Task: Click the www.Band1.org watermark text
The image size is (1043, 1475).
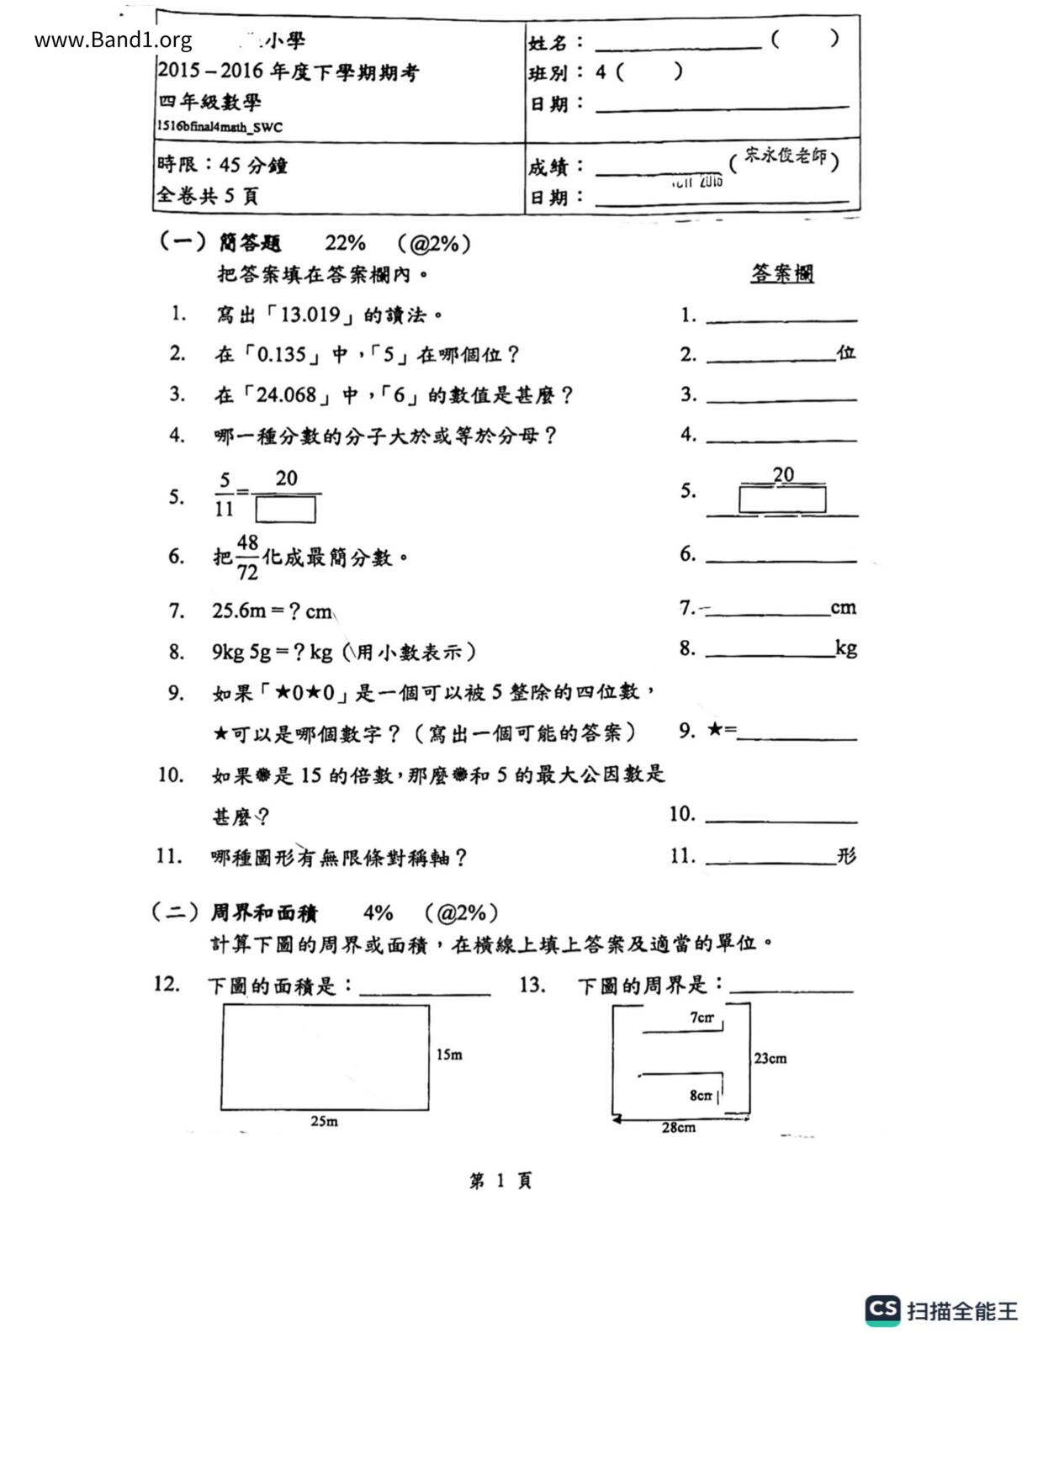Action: pyautogui.click(x=113, y=40)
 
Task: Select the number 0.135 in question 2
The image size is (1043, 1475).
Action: pyautogui.click(x=282, y=355)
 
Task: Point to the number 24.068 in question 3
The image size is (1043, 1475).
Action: pyautogui.click(x=287, y=395)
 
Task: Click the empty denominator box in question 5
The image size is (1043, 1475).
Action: pyautogui.click(x=286, y=510)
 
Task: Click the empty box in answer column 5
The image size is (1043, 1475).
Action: pyautogui.click(x=782, y=500)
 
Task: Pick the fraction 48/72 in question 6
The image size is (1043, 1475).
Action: pyautogui.click(x=247, y=558)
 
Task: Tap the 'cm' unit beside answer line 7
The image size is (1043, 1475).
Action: pyautogui.click(x=843, y=608)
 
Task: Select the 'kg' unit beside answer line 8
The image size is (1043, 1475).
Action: pyautogui.click(x=845, y=648)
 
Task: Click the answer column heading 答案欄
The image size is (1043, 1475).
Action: pyautogui.click(x=782, y=273)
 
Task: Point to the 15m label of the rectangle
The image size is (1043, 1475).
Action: pyautogui.click(x=449, y=1055)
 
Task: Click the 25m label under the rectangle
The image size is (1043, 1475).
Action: pyautogui.click(x=324, y=1121)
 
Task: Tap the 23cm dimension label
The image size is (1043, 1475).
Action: pyautogui.click(x=770, y=1059)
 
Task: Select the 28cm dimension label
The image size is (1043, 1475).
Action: pyautogui.click(x=678, y=1128)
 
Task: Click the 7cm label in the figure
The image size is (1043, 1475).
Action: pyautogui.click(x=702, y=1018)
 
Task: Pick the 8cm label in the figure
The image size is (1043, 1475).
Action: pyautogui.click(x=701, y=1096)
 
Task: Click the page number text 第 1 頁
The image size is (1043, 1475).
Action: pyautogui.click(x=500, y=1181)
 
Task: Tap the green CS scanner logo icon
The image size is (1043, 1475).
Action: pyautogui.click(x=882, y=1310)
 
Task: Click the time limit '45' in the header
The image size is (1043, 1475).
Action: pyautogui.click(x=230, y=165)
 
